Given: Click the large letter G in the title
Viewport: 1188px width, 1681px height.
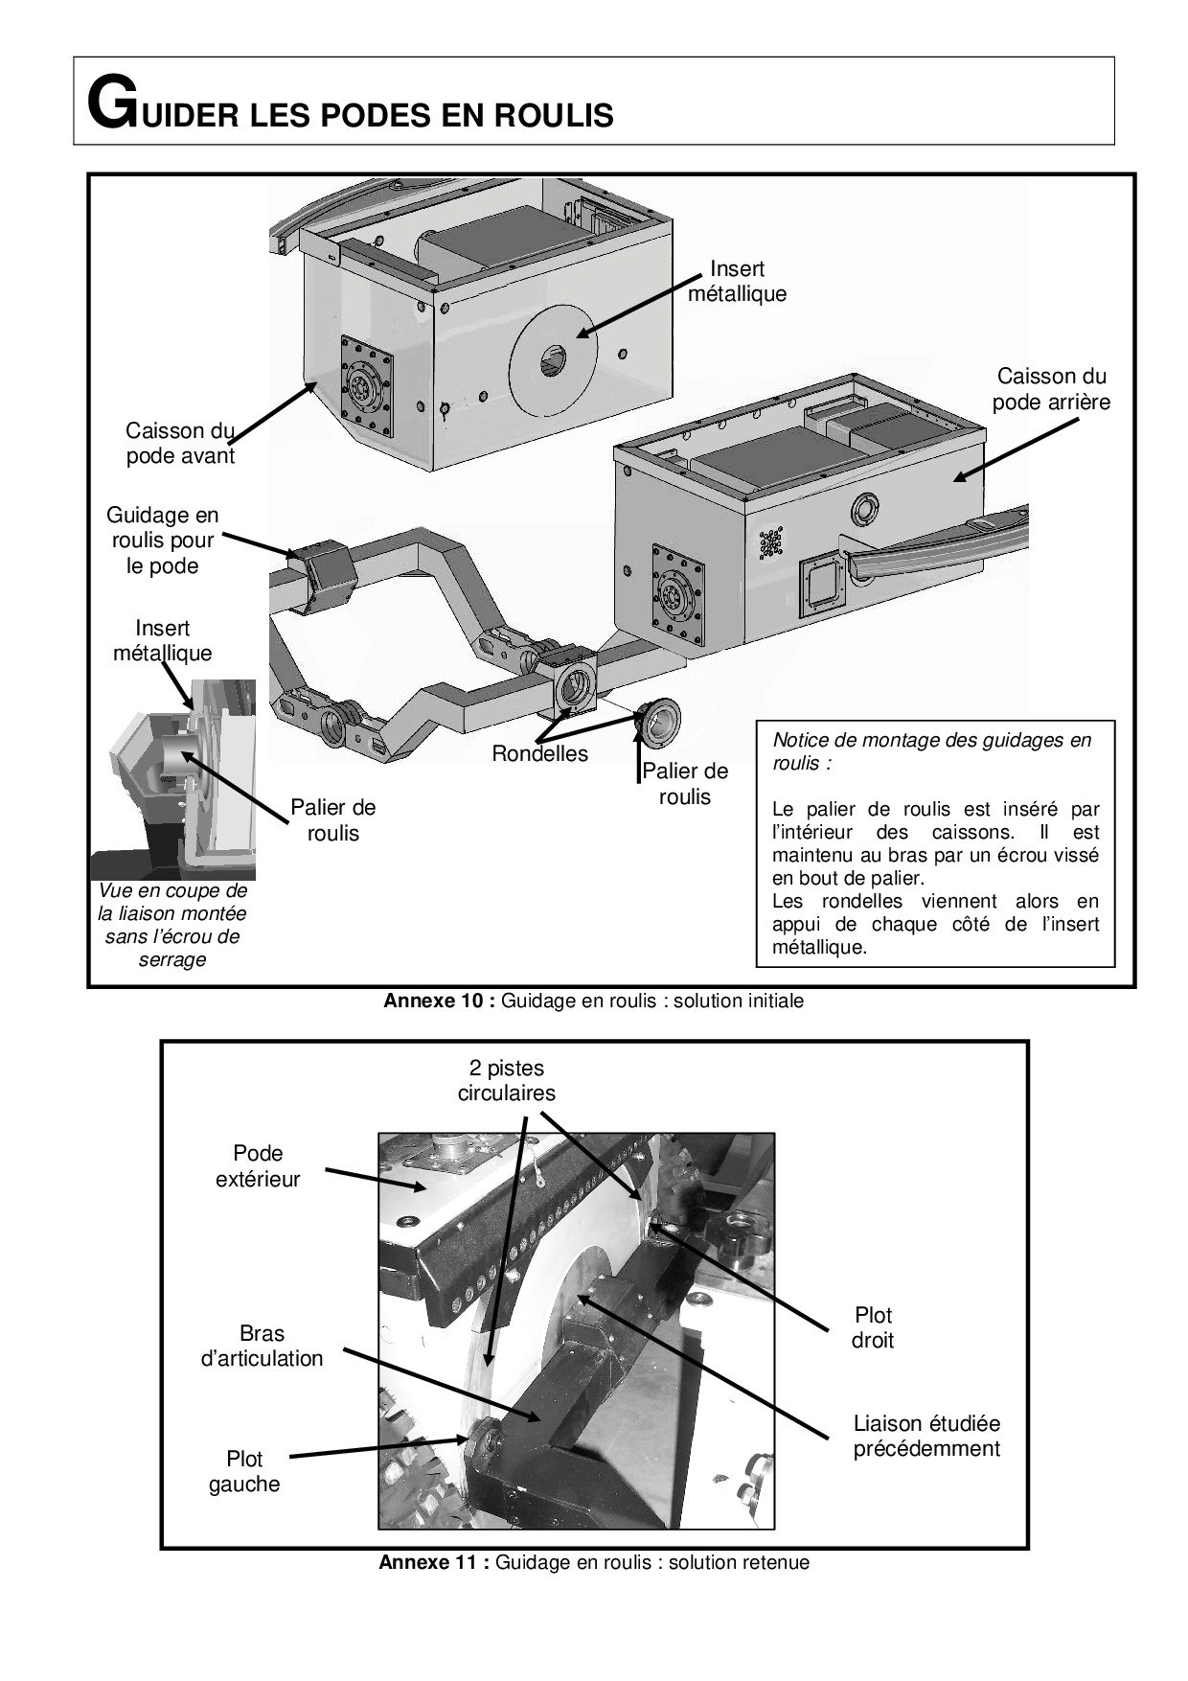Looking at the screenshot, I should click(108, 104).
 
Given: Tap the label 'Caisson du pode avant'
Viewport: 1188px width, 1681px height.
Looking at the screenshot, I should click(180, 443).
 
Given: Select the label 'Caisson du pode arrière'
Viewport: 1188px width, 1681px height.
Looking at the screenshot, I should click(1051, 389).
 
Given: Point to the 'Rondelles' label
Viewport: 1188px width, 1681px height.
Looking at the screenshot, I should click(539, 753).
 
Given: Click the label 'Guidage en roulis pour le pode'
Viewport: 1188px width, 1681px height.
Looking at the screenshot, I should click(163, 541).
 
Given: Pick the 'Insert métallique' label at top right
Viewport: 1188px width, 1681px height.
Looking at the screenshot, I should click(737, 282).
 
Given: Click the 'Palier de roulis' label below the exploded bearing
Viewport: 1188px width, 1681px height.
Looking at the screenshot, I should click(685, 784).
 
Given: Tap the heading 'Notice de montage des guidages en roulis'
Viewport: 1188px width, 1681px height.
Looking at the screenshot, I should click(931, 751).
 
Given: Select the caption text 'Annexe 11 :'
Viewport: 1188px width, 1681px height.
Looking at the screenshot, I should click(434, 1562).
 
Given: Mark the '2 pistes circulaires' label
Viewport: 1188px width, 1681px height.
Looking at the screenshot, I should click(507, 1080).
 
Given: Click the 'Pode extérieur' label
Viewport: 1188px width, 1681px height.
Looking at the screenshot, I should click(258, 1166).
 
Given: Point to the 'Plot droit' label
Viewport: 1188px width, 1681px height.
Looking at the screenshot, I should click(873, 1327).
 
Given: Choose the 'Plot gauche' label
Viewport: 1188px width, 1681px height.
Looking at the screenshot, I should click(244, 1471).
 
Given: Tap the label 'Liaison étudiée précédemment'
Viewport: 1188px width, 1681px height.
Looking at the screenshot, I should click(926, 1436).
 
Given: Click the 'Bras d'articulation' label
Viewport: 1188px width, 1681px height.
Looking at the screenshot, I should click(262, 1346).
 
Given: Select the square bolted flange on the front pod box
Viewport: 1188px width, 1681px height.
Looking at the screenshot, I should click(367, 386).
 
